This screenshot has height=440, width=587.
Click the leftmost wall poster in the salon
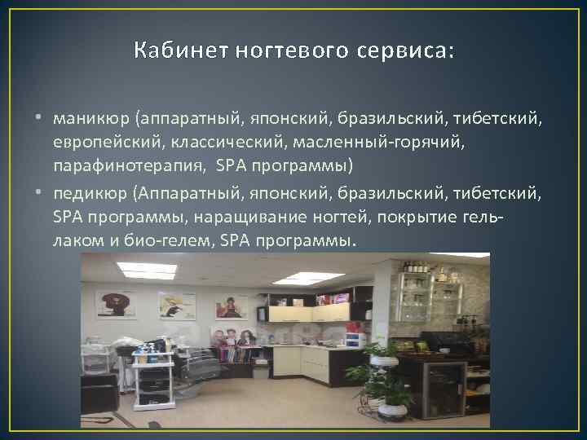[x=116, y=304]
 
